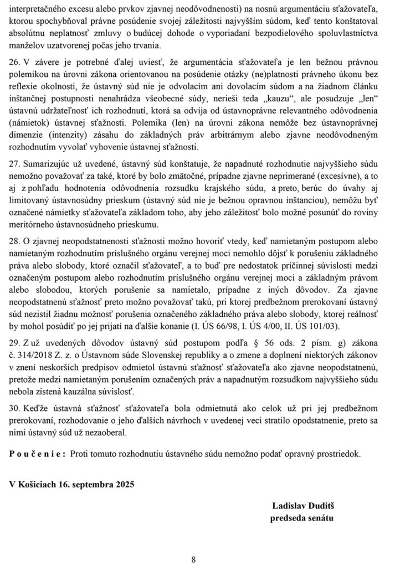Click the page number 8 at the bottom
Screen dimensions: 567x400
[194, 559]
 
